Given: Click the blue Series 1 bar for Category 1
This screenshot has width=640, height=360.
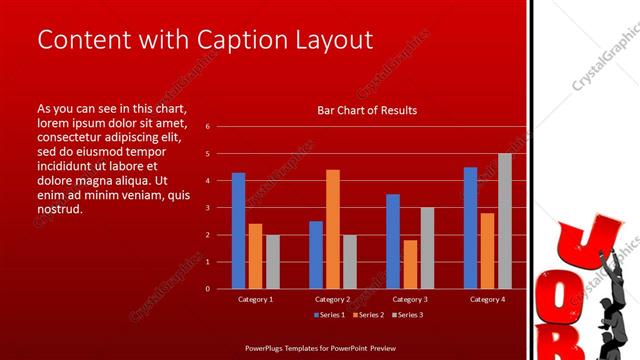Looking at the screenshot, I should (238, 231).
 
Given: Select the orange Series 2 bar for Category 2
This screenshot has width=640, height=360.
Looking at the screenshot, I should (333, 229).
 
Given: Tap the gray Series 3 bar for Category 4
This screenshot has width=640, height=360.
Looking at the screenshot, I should (505, 221).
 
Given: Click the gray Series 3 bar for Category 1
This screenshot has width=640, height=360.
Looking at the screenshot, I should (272, 261).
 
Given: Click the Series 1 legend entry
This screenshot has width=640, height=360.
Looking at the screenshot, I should (331, 315).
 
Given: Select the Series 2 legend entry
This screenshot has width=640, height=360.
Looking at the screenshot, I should (367, 315).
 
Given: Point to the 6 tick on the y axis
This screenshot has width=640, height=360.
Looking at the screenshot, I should (207, 127).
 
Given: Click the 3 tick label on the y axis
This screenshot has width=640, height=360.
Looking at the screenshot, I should (207, 208).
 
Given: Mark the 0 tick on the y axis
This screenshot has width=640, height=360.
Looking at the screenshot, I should (207, 289).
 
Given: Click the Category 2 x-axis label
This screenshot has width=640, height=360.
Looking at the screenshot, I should (333, 299).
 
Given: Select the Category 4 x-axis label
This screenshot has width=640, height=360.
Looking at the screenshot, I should (488, 299).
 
